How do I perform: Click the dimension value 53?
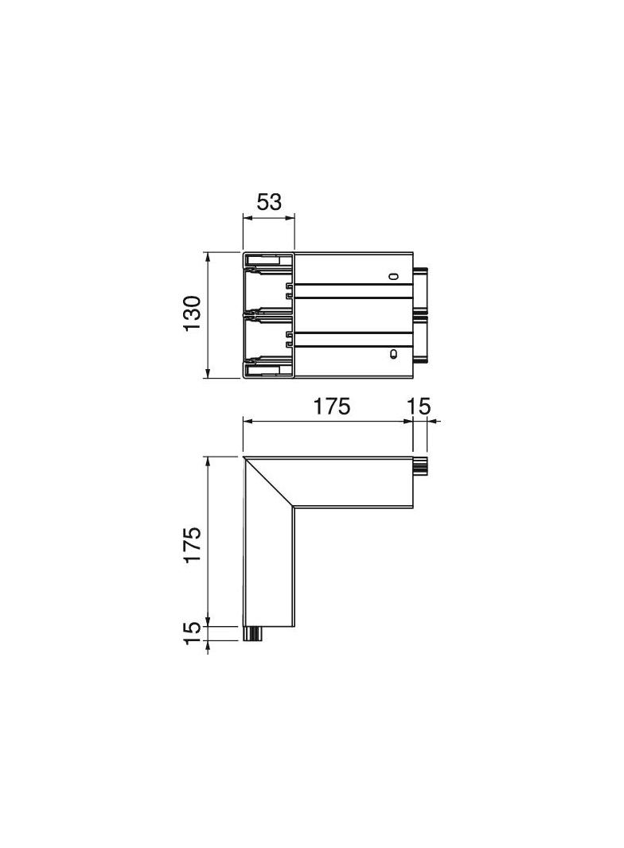click(269, 202)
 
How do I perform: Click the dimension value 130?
click(192, 313)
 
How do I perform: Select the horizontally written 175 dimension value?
click(332, 406)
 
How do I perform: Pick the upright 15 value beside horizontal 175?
click(419, 406)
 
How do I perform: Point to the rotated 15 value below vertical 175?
click(192, 632)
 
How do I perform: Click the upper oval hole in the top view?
click(394, 276)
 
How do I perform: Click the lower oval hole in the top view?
click(393, 354)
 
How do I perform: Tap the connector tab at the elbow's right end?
click(420, 466)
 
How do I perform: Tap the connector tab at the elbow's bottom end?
click(253, 634)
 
